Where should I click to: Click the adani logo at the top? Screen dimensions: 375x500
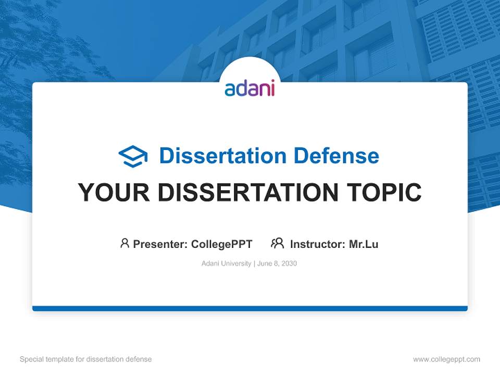pos(249,88)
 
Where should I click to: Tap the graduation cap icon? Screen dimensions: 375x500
pos(133,156)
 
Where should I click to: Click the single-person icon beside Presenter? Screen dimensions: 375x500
pos(124,243)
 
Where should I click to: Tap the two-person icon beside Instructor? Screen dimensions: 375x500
pos(277,243)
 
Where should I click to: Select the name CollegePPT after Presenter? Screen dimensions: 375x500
pos(221,244)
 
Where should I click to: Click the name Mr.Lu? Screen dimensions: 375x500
pos(364,244)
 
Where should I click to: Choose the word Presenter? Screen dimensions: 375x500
pos(160,244)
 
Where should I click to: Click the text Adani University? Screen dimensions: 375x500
pos(226,264)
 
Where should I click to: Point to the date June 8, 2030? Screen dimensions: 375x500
pos(277,264)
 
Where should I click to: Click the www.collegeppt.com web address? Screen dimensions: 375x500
pos(446,359)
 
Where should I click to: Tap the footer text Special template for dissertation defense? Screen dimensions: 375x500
pos(85,359)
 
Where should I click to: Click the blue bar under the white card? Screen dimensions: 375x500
pos(250,308)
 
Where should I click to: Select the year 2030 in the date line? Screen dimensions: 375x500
pos(289,264)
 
